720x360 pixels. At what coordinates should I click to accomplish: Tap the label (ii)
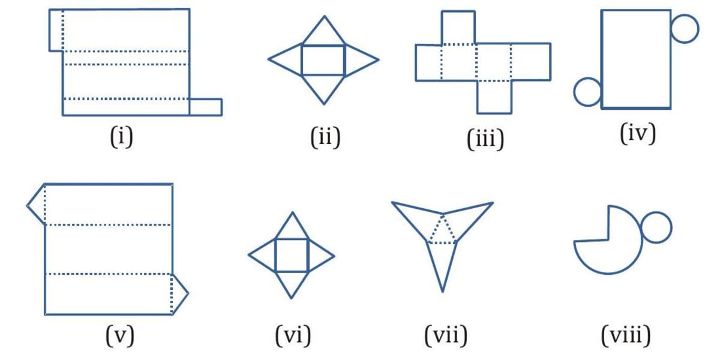[x=325, y=137]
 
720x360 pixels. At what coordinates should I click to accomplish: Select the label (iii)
[x=485, y=139]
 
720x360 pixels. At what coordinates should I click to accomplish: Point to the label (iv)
[x=638, y=133]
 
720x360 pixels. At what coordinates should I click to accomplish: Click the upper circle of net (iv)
[x=685, y=28]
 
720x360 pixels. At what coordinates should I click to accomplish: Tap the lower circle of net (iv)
[x=587, y=92]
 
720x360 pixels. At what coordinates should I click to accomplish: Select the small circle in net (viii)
[x=656, y=227]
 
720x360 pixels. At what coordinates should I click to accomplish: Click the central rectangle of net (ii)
[x=323, y=59]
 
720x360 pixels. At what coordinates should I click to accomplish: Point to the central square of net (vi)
[x=292, y=255]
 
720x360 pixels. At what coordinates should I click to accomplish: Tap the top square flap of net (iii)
[x=459, y=27]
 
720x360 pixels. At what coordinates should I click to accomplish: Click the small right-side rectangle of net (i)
[x=206, y=107]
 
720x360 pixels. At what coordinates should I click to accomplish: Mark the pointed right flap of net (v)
[x=179, y=293]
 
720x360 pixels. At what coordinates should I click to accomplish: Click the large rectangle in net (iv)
[x=635, y=59]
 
